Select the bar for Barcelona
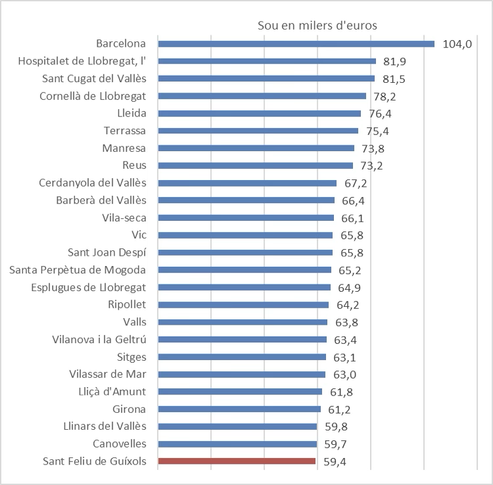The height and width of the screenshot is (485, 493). tap(296, 44)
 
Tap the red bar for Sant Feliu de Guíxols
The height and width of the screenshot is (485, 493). tap(237, 461)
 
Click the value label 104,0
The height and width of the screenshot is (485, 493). tap(458, 45)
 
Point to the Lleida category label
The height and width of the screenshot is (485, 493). tap(132, 113)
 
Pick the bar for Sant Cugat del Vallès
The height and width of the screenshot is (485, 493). tap(266, 79)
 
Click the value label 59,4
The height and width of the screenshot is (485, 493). tap(335, 461)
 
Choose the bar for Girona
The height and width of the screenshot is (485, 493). tap(239, 409)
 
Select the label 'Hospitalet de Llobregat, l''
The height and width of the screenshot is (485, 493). tap(82, 61)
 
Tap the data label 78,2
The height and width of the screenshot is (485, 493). tap(385, 96)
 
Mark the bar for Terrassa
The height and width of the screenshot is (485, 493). tap(258, 131)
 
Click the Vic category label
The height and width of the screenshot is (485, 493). tap(139, 235)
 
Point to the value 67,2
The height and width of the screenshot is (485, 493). tap(356, 183)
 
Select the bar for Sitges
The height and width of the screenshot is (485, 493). tap(242, 357)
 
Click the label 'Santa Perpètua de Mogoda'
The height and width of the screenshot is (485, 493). tap(78, 269)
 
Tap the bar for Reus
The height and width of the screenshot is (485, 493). tap(255, 166)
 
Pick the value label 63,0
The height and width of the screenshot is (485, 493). tap(344, 375)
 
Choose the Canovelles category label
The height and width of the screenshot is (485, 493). tap(119, 444)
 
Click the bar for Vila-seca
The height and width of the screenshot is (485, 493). tap(246, 218)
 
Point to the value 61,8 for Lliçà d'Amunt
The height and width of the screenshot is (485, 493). tap(341, 392)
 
